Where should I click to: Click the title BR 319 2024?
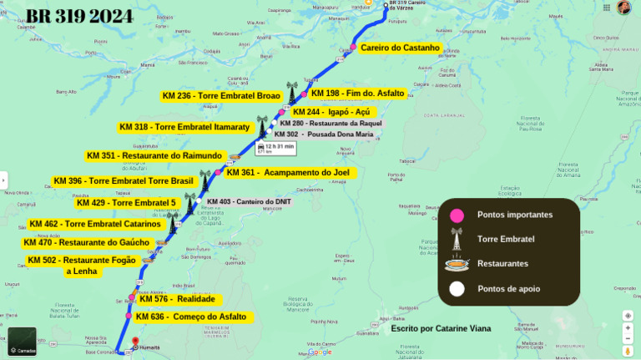click(80, 16)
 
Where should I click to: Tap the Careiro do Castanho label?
click(400, 48)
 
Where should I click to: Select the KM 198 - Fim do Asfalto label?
click(357, 93)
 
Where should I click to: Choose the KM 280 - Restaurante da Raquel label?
click(331, 123)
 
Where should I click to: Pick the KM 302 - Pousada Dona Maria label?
click(324, 134)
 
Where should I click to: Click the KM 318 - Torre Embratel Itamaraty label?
click(184, 127)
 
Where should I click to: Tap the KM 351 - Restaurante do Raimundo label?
click(154, 155)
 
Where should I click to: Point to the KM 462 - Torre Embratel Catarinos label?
click(94, 224)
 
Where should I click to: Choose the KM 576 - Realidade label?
click(177, 299)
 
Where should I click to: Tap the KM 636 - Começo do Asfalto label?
click(193, 317)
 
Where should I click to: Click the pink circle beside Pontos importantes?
click(457, 215)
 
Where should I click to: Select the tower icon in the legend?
click(457, 239)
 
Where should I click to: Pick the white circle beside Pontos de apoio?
click(457, 289)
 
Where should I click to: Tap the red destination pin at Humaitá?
click(134, 341)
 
